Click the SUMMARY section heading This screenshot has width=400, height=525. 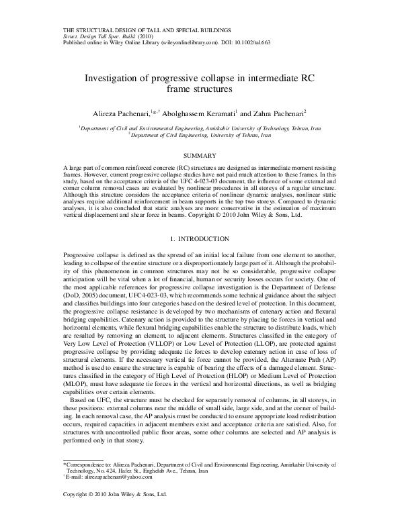[200, 156]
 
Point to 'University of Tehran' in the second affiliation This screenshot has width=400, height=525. [225, 135]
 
